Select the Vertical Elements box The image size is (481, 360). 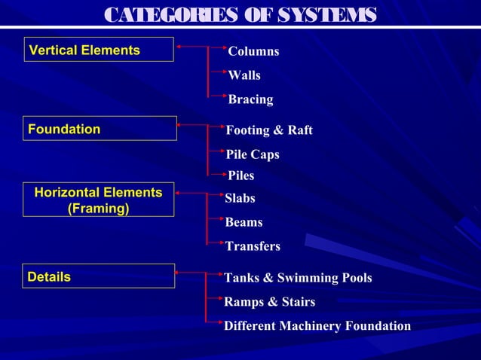coord(99,50)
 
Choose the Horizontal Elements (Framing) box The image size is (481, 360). coord(98,200)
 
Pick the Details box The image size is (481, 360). coord(100,276)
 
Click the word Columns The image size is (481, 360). coord(253,51)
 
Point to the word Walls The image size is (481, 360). coord(244,75)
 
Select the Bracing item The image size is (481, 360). coord(250,99)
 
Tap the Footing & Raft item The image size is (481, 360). coord(269,130)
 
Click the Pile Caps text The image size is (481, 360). coord(253,154)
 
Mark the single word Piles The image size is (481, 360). coord(241,175)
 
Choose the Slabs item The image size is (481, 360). coord(240,198)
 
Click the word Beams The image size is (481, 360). coord(244,222)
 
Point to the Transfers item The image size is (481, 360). coord(253,246)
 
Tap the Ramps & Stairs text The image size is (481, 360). coord(270,302)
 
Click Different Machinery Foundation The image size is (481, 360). coord(317,326)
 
